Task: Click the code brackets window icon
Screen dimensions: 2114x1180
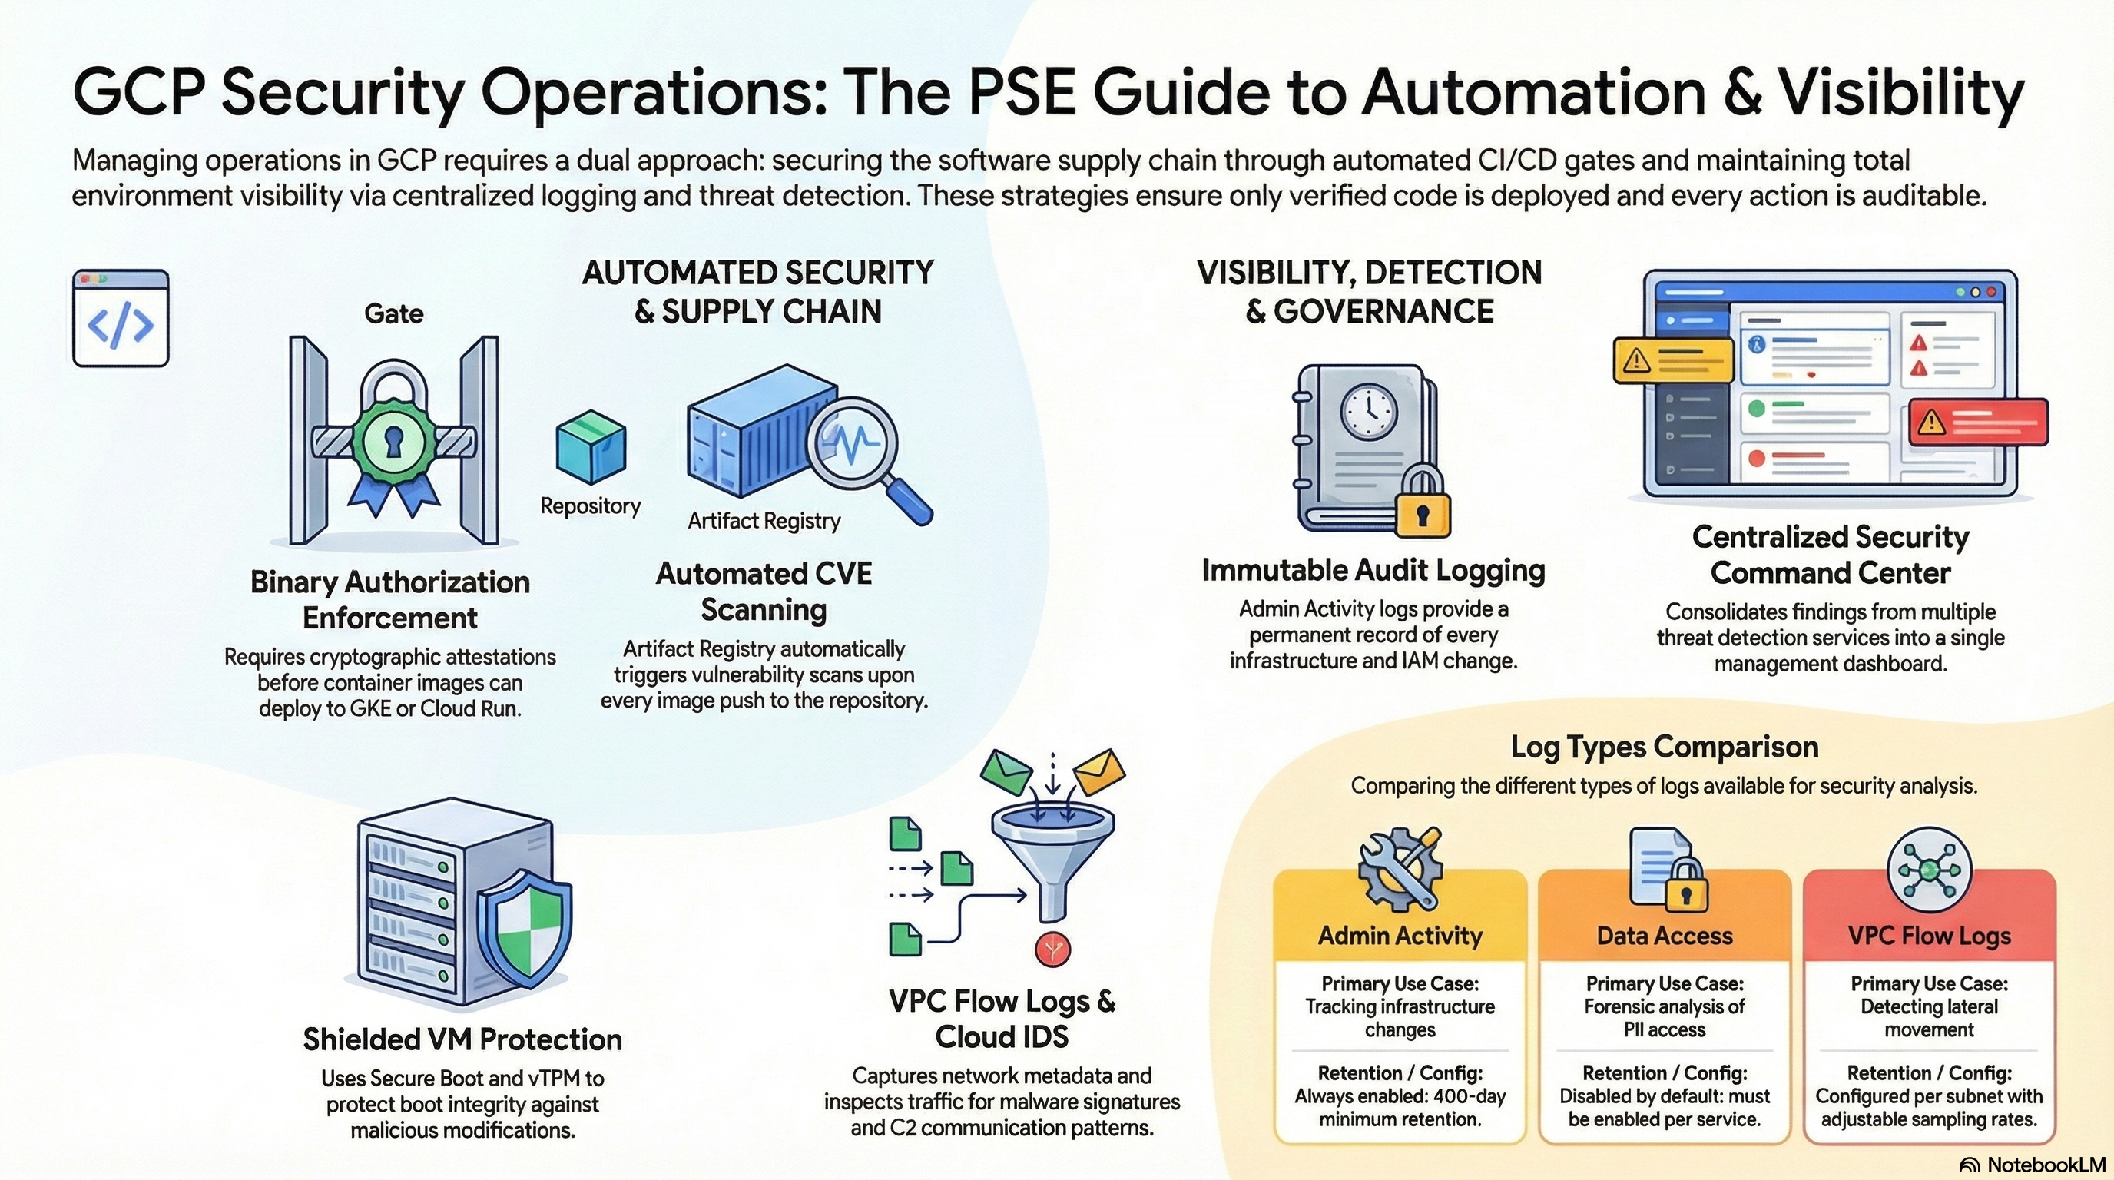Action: (121, 317)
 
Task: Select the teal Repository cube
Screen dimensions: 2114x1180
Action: (591, 447)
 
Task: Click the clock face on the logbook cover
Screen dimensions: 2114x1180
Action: (1369, 411)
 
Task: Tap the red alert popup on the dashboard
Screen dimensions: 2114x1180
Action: (1978, 422)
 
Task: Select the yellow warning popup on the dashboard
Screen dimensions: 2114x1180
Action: (1673, 360)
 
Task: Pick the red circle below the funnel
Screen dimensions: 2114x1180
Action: (1053, 950)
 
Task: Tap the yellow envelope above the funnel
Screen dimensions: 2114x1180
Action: (1100, 771)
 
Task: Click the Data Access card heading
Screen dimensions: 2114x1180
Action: (1665, 936)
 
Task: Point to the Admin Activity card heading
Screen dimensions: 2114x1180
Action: (1400, 936)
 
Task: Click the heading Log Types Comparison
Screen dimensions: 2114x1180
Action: (1665, 747)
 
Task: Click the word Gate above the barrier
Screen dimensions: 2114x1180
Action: (394, 313)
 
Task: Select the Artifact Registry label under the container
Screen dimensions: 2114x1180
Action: (764, 521)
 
